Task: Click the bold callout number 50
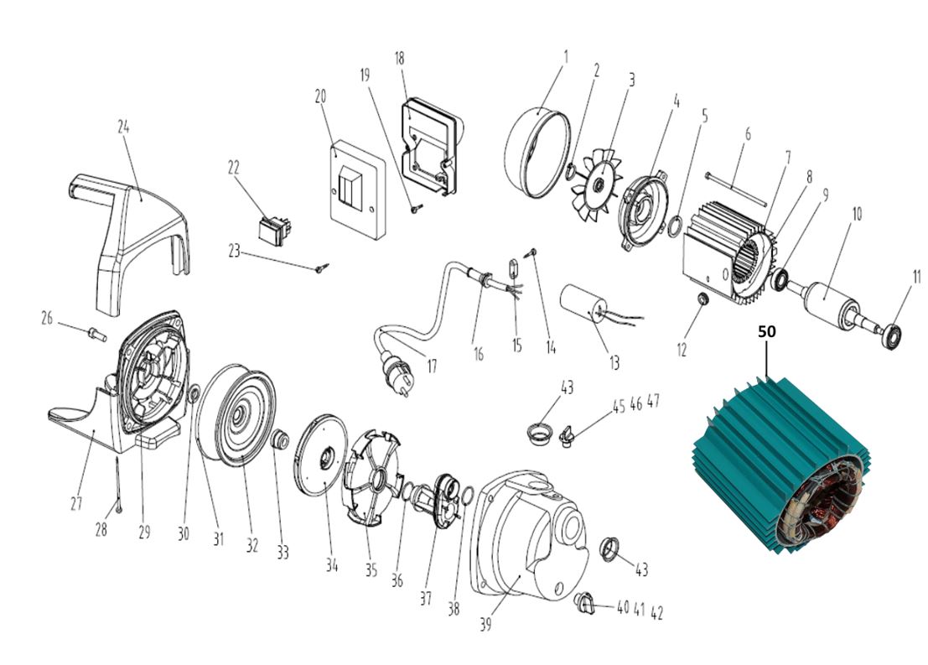[766, 331]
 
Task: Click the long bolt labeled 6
[737, 190]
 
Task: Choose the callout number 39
[485, 624]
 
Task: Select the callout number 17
[432, 366]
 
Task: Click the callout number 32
[252, 545]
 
